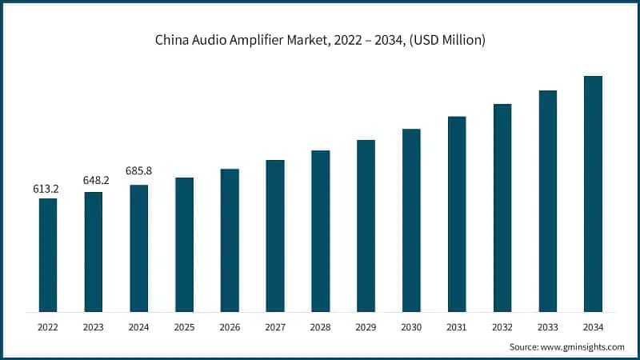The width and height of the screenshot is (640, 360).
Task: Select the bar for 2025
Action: point(184,244)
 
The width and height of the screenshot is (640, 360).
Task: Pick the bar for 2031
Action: point(457,214)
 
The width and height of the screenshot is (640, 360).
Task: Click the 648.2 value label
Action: point(94,181)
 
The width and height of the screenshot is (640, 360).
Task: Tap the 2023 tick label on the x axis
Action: point(94,326)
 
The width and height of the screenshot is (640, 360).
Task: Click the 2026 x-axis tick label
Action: point(230,326)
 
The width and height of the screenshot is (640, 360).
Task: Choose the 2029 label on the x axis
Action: point(366,326)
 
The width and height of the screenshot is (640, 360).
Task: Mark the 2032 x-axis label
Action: point(502,326)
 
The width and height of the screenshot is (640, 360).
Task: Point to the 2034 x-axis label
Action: point(593,326)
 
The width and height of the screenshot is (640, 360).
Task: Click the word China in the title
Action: point(172,40)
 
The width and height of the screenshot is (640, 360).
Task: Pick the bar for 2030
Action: point(411,220)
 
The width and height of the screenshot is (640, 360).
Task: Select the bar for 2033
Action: point(547,201)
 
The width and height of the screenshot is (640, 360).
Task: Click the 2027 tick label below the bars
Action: point(275,326)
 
